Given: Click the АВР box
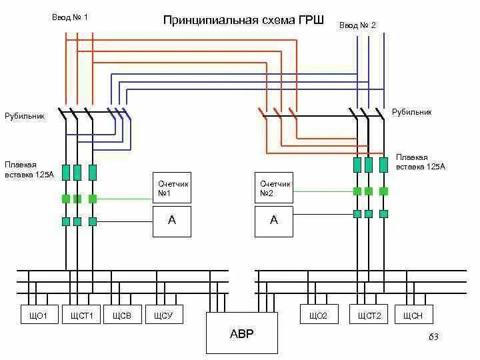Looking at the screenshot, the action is point(242,333).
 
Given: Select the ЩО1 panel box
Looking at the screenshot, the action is point(39,314).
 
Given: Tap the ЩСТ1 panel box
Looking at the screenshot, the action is point(81,314).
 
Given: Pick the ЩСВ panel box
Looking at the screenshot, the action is point(123,314).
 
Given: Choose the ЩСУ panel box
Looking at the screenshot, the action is point(164,314).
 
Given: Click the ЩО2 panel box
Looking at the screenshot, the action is point(319,314).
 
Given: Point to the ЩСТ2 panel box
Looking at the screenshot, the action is point(369,314).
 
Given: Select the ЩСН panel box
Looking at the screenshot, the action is point(414,314).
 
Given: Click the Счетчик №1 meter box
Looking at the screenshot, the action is point(172,187).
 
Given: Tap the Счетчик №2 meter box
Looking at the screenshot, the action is point(274,187).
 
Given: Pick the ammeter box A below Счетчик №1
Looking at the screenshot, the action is point(172,221).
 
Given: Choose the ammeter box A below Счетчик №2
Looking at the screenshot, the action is point(274,221).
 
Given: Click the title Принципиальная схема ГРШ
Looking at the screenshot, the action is point(243,20).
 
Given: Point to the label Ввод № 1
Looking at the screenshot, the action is point(70,17).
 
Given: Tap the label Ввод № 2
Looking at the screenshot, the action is point(357,25).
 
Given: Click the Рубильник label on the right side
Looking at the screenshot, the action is point(412,113).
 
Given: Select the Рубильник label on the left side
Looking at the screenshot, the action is point(25,116).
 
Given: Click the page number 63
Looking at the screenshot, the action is point(433,337).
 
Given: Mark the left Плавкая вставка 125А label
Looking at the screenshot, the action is point(29,169).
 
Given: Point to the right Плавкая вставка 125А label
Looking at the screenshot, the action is point(421,162).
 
